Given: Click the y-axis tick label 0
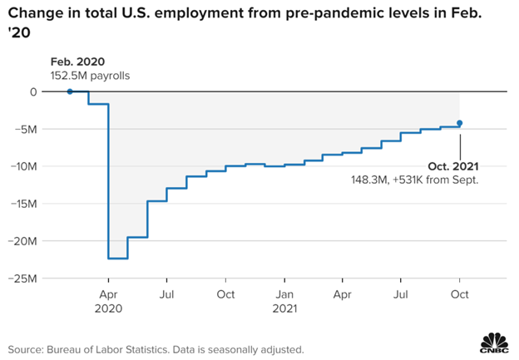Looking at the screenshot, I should click(x=34, y=91).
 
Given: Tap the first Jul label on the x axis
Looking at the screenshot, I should click(x=166, y=294).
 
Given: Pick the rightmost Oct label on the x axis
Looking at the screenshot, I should click(x=459, y=294).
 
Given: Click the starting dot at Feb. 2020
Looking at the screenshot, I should click(x=70, y=91).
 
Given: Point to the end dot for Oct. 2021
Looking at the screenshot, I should click(x=460, y=123).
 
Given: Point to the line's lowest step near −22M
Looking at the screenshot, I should click(x=118, y=259).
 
